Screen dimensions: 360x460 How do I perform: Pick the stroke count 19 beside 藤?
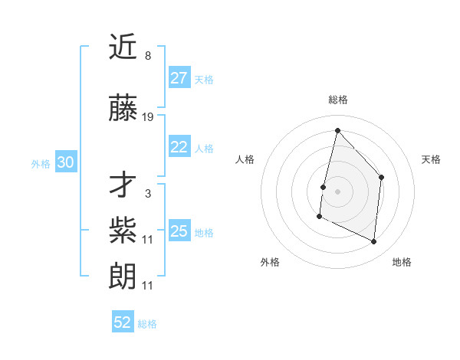(x=148, y=117)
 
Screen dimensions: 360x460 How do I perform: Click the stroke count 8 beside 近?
(x=148, y=56)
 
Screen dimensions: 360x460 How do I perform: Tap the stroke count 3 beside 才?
(x=148, y=194)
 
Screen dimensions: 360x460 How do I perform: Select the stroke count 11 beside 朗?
(x=148, y=286)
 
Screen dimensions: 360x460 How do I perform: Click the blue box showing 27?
(x=179, y=77)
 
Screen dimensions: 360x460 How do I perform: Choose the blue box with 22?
(x=179, y=147)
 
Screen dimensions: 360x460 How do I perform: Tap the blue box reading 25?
(x=179, y=231)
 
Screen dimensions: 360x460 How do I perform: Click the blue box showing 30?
(x=66, y=162)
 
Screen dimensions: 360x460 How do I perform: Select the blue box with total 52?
(x=123, y=322)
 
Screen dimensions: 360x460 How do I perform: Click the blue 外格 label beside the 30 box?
(x=41, y=163)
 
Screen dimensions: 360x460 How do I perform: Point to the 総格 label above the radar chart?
(x=337, y=100)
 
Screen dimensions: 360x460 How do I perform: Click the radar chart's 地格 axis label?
(x=402, y=262)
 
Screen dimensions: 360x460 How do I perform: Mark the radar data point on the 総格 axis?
(x=337, y=131)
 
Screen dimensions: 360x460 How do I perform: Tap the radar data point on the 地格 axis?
(x=374, y=242)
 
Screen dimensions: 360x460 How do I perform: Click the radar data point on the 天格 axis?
(x=381, y=178)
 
